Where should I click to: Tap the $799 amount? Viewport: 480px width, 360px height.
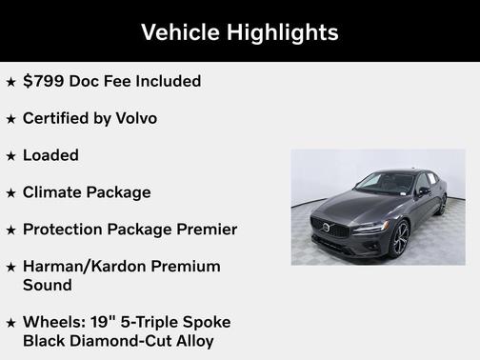click(42, 81)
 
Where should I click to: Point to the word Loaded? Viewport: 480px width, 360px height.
click(50, 155)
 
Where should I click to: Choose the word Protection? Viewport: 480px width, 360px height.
click(65, 230)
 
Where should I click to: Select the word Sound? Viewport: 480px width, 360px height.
click(47, 285)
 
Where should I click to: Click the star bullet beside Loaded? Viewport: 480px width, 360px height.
click(10, 156)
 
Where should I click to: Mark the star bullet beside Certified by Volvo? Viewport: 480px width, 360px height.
click(10, 119)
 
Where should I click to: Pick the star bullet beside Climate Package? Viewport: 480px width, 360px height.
click(10, 193)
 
